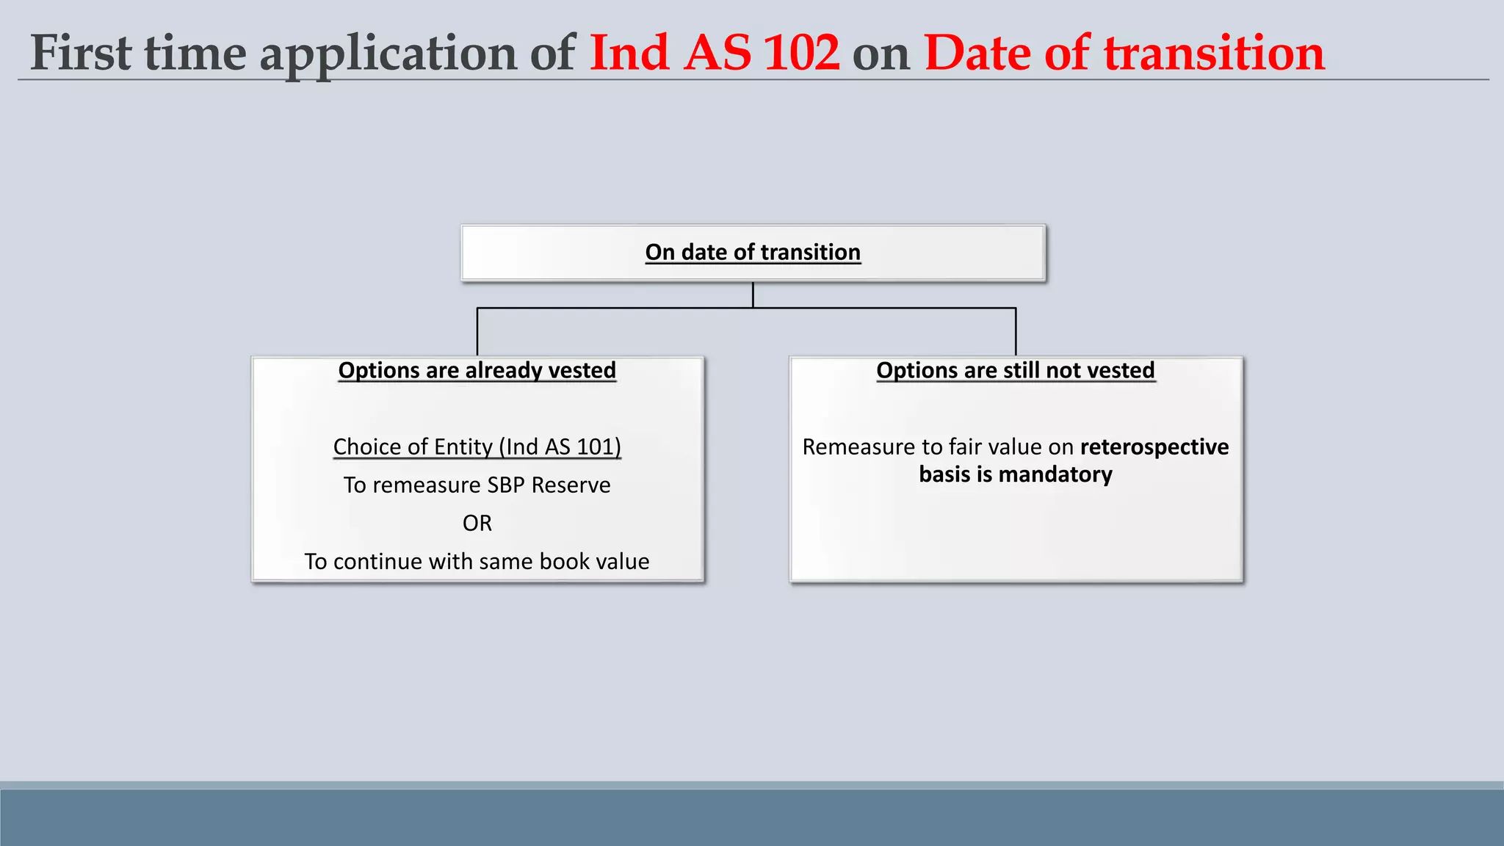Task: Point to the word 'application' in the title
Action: [388, 54]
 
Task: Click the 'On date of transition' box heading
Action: [753, 252]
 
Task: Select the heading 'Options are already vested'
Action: [477, 370]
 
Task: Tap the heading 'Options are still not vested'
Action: [1015, 370]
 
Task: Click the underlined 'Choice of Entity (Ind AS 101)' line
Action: [477, 446]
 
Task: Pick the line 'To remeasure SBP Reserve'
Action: [477, 485]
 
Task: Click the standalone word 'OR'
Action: [477, 523]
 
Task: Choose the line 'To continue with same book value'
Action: [477, 561]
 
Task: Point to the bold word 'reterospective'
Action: [1154, 446]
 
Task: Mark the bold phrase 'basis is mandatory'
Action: [1015, 474]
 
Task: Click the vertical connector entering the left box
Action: [477, 332]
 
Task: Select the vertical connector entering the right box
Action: [1016, 332]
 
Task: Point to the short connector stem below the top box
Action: [753, 294]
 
